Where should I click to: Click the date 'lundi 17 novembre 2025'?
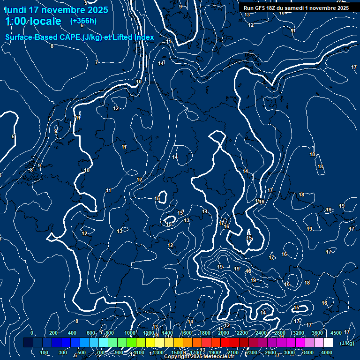point(56,10)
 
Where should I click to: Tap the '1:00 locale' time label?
point(33,21)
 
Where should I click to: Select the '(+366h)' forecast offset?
point(83,21)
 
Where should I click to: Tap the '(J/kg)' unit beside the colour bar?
point(347,344)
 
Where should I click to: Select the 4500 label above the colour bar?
point(336,333)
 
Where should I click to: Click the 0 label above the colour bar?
point(31,333)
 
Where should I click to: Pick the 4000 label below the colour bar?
point(327,352)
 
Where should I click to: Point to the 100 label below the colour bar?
point(45,352)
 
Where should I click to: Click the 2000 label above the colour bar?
point(224,333)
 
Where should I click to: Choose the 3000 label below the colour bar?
point(289,352)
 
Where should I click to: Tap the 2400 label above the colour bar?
point(261,333)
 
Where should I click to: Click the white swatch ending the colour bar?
point(328,343)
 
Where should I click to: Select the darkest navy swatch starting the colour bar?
point(28,343)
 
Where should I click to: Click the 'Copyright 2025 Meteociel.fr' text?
point(198,357)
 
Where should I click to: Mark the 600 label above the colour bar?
point(91,333)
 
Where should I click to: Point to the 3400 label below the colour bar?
point(308,352)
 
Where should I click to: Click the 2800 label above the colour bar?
point(280,333)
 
